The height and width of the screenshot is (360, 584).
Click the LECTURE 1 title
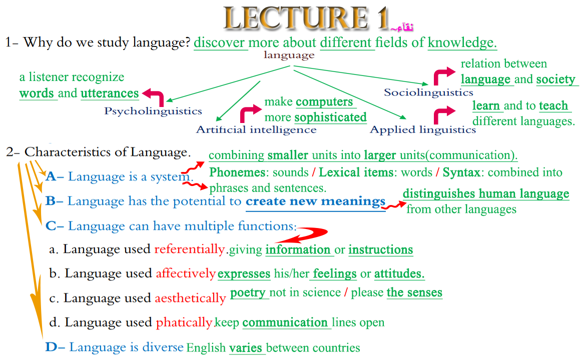click(306, 18)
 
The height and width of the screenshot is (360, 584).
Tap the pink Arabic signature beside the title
click(402, 27)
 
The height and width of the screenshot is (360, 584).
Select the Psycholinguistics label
click(153, 111)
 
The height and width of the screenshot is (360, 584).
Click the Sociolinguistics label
click(428, 92)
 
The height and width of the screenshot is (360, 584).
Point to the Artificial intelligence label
click(256, 129)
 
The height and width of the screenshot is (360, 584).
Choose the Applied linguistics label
click(423, 129)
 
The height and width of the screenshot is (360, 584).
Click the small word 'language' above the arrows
click(289, 55)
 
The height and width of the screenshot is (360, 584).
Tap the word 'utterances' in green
click(110, 93)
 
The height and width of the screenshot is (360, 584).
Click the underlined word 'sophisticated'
click(330, 117)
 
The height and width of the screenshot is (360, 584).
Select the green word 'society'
click(556, 79)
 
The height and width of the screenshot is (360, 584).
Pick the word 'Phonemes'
click(237, 172)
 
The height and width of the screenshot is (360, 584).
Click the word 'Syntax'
click(461, 172)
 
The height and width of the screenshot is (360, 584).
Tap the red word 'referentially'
click(190, 249)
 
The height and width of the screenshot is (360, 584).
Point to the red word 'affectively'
click(186, 273)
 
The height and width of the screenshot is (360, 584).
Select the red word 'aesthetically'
click(190, 298)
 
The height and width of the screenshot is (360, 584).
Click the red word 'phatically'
click(184, 322)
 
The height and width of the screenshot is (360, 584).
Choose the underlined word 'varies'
click(245, 347)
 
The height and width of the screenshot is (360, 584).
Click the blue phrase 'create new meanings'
click(315, 201)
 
